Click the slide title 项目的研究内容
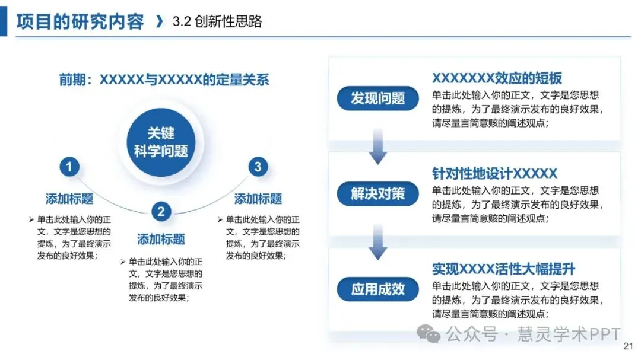click(80, 22)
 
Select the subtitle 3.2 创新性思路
click(217, 22)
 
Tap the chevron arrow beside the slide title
click(158, 22)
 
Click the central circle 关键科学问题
click(161, 142)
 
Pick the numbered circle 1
click(69, 167)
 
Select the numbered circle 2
click(161, 211)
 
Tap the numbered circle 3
click(257, 167)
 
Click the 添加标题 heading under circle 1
click(69, 199)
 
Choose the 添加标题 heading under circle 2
click(161, 240)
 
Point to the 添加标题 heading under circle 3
click(258, 199)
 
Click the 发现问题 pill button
click(378, 98)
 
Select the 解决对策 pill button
click(378, 193)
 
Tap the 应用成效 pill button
click(378, 289)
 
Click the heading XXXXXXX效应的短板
click(497, 78)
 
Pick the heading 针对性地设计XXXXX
click(494, 174)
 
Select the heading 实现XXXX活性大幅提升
click(503, 269)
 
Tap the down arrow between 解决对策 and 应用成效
click(378, 243)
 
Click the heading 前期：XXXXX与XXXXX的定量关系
click(164, 79)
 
